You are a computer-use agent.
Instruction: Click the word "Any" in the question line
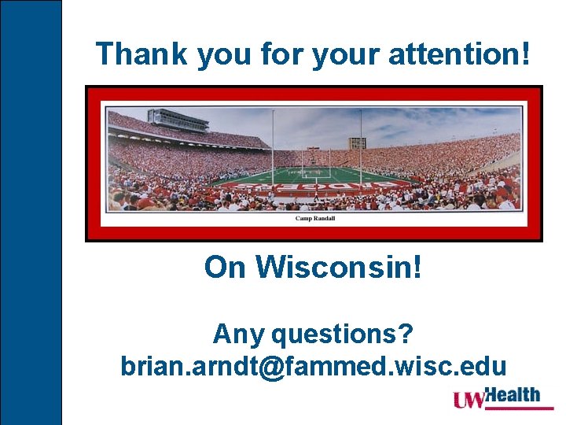pos(238,334)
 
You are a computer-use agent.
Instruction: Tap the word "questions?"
pos(343,334)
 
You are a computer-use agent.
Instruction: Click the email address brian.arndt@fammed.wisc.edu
pos(314,366)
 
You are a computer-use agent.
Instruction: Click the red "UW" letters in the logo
pos(469,400)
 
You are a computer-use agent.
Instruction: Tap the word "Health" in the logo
pos(513,394)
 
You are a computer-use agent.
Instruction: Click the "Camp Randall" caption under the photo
pos(314,218)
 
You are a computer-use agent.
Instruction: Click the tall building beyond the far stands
pos(357,143)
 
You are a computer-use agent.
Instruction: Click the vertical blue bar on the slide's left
pos(31,213)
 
